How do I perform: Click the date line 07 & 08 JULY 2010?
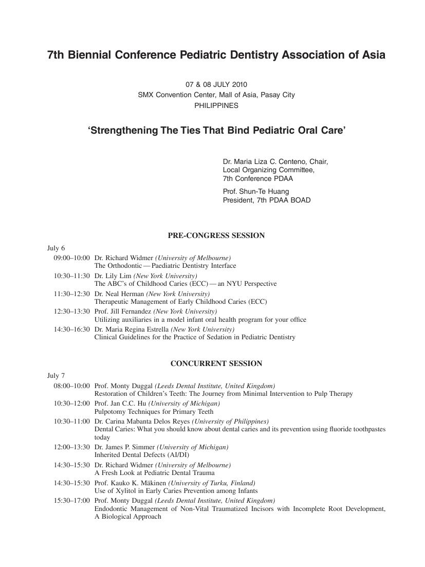[216, 84]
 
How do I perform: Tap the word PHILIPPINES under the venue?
[216, 105]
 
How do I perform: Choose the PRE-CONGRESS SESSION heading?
[216, 236]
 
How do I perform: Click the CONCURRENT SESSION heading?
[216, 364]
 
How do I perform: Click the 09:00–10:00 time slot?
[71, 258]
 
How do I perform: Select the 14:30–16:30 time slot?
[71, 330]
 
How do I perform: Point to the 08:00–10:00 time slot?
[71, 386]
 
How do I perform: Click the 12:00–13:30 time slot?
[71, 447]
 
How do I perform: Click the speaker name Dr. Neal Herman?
[119, 294]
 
